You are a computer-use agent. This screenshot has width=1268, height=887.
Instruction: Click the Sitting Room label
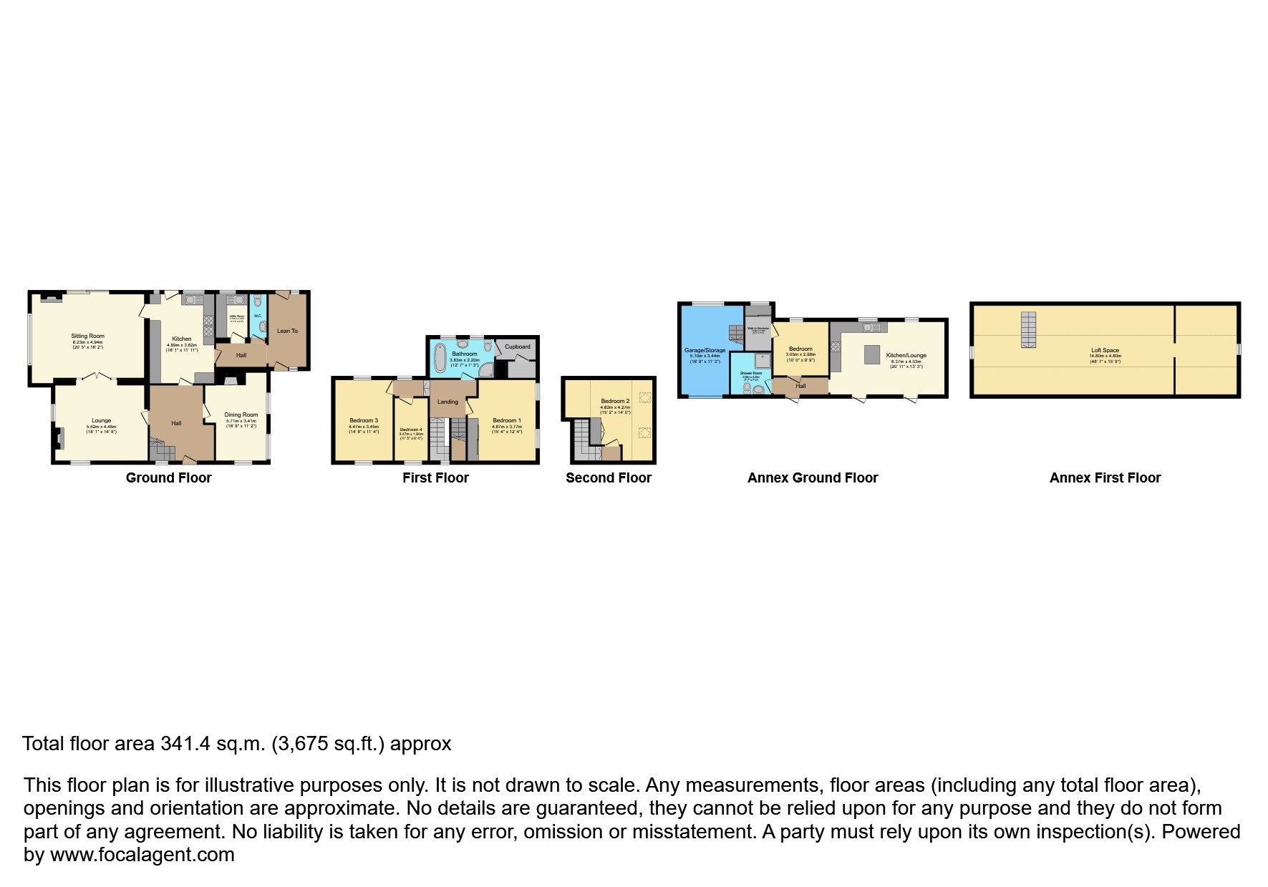[x=87, y=336]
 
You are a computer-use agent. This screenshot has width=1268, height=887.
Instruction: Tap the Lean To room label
[x=287, y=331]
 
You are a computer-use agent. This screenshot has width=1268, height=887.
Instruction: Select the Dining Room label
[x=241, y=415]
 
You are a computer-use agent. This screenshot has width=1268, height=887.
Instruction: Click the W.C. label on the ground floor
[x=258, y=316]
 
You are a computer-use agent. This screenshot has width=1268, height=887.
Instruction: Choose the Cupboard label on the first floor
[x=517, y=346]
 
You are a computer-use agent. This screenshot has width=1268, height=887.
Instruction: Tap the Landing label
[x=447, y=402]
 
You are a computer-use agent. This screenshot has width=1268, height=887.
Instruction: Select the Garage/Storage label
[x=705, y=351]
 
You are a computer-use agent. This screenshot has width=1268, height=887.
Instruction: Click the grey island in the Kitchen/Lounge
[x=871, y=354]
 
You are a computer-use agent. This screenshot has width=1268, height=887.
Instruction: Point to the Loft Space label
[x=1105, y=351]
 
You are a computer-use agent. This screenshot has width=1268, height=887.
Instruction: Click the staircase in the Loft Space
[x=1028, y=329]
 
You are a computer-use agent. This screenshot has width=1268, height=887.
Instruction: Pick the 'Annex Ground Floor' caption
[x=812, y=478]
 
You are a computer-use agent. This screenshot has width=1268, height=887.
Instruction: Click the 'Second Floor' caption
[x=608, y=478]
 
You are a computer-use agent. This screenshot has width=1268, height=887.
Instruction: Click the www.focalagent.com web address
[x=142, y=855]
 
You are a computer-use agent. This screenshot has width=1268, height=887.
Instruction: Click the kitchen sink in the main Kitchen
[x=193, y=301]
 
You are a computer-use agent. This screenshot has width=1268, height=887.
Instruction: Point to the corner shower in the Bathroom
[x=485, y=370]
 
